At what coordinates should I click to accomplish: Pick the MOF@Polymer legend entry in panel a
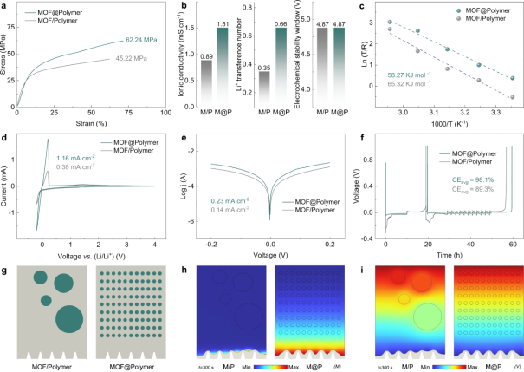(52, 13)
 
